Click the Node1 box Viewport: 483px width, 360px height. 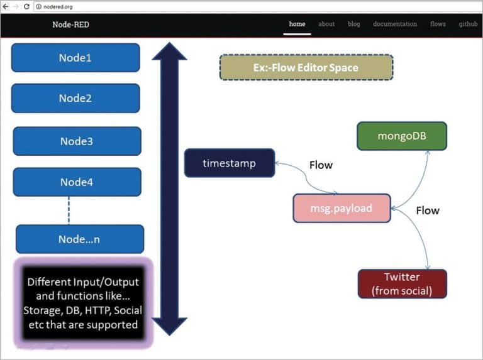click(75, 58)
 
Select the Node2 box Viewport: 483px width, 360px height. click(75, 98)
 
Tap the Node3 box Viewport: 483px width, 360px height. click(77, 141)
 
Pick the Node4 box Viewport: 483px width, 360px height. click(77, 182)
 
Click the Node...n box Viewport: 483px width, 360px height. click(80, 239)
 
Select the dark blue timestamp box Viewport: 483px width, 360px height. click(229, 163)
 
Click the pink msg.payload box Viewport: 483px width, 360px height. click(341, 208)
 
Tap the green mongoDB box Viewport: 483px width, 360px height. click(401, 136)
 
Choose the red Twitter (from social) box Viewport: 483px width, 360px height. click(402, 284)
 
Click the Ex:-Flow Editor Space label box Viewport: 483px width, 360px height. click(306, 67)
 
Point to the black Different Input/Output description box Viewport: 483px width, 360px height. click(82, 303)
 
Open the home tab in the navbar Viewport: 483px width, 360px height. click(297, 24)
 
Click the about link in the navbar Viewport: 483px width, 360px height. click(326, 24)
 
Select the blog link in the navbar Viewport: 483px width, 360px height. click(354, 24)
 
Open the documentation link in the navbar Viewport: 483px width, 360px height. click(394, 24)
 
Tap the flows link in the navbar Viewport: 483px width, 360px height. click(438, 24)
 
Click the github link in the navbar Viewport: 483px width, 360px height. click(468, 24)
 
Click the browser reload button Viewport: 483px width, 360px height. click(26, 6)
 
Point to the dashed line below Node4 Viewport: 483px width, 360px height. click(69, 210)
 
